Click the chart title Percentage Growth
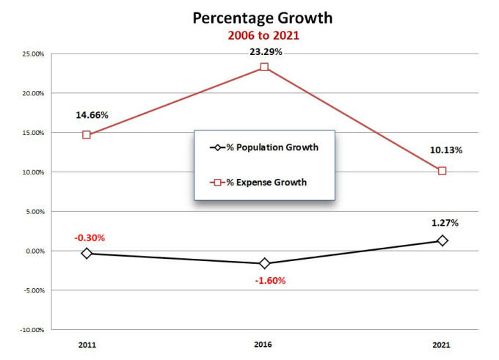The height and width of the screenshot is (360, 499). pyautogui.click(x=263, y=18)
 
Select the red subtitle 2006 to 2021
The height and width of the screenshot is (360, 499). pyautogui.click(x=263, y=35)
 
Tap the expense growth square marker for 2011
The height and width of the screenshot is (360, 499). pyautogui.click(x=87, y=135)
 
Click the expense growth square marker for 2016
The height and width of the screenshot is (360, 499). pyautogui.click(x=264, y=67)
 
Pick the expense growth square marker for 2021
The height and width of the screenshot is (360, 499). pyautogui.click(x=442, y=171)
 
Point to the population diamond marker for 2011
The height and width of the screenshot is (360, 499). pyautogui.click(x=87, y=253)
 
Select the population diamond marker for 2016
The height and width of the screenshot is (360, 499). pyautogui.click(x=264, y=263)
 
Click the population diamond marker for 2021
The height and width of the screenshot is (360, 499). pyautogui.click(x=442, y=240)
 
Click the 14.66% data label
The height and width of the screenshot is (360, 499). pyautogui.click(x=92, y=115)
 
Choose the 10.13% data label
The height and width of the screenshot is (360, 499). pyautogui.click(x=446, y=150)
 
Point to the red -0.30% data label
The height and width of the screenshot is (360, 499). pyautogui.click(x=90, y=238)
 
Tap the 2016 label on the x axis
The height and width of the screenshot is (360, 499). pyautogui.click(x=264, y=344)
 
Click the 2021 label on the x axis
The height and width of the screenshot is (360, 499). pyautogui.click(x=441, y=344)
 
